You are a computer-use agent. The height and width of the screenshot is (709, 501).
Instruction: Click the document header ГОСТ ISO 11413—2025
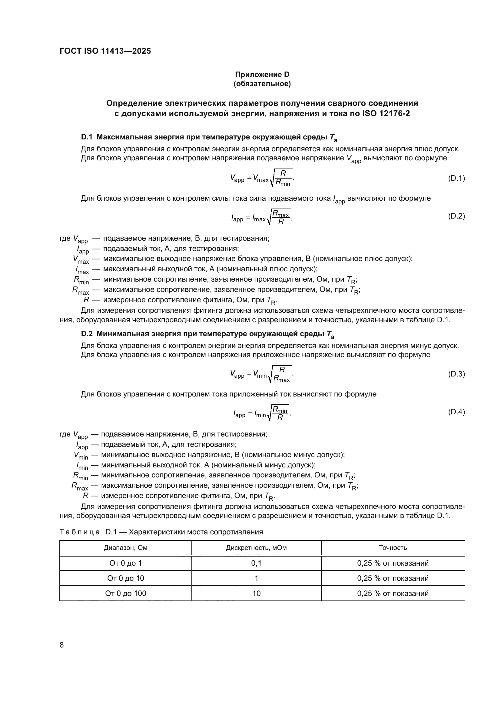coord(105,51)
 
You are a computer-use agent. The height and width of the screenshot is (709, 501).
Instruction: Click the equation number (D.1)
coord(456,178)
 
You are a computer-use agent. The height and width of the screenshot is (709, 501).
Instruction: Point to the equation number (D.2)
coord(456,216)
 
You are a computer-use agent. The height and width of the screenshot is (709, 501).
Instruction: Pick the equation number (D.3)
coord(456,374)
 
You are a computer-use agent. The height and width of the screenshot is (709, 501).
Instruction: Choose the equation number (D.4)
coord(456,412)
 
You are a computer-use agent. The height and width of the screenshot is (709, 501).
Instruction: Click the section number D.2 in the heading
coord(87,334)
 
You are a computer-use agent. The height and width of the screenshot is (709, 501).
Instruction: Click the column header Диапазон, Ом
coord(126,548)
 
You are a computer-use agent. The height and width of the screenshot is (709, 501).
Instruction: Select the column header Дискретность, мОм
coord(256,548)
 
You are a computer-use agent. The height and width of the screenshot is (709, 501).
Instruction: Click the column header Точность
coord(393,548)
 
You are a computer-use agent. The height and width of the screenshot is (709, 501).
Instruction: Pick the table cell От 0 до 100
coord(126,594)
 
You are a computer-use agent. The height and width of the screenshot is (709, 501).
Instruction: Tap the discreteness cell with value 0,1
coord(256,563)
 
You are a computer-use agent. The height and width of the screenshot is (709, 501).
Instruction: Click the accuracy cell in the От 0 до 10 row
coord(393,578)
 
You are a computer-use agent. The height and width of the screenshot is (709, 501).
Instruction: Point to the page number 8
coord(62,645)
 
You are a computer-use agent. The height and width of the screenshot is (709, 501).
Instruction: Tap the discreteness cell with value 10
coord(256,594)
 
